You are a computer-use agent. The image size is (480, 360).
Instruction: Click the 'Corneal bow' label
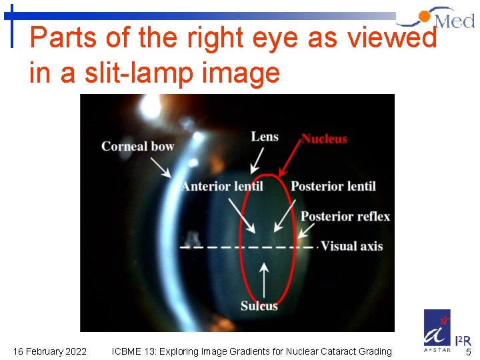[137, 146]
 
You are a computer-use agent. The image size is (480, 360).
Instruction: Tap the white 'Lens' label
[264, 137]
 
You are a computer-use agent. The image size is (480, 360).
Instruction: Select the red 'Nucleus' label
[324, 139]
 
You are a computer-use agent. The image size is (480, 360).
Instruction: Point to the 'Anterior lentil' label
[222, 186]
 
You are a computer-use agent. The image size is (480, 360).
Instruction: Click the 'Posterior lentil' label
[333, 186]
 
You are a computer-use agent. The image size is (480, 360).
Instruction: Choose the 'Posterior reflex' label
[345, 216]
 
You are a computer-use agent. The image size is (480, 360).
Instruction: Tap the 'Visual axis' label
[352, 246]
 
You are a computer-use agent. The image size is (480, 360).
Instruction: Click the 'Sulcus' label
[259, 306]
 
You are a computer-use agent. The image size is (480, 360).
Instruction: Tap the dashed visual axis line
[247, 247]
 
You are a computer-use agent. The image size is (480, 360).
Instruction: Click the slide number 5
[468, 352]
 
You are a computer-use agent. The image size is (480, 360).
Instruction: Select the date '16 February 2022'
[49, 351]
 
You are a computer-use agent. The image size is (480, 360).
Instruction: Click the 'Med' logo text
[454, 21]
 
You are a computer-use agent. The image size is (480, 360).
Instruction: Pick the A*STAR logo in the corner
[437, 330]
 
